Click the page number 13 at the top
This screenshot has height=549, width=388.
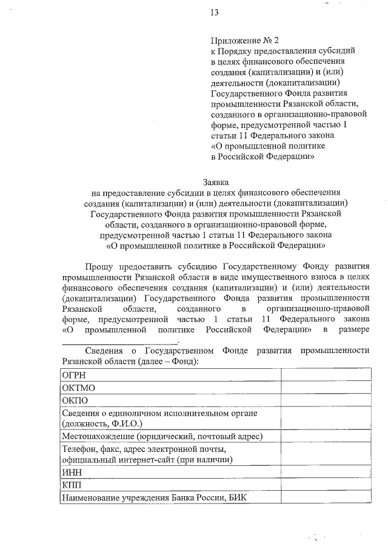pyautogui.click(x=214, y=13)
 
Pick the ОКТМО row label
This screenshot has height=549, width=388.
pyautogui.click(x=78, y=388)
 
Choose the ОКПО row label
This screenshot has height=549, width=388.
pyautogui.click(x=75, y=400)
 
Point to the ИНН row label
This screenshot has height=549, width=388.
pyautogui.click(x=72, y=472)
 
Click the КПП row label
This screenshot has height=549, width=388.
pyautogui.click(x=71, y=485)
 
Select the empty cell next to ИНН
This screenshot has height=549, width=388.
pyautogui.click(x=326, y=472)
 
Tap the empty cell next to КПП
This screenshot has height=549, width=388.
pyautogui.click(x=326, y=485)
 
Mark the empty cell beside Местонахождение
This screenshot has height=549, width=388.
pyautogui.click(x=326, y=436)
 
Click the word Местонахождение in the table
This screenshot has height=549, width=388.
pyautogui.click(x=98, y=436)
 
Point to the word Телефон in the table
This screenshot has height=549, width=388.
pyautogui.click(x=80, y=450)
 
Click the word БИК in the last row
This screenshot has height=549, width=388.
pyautogui.click(x=240, y=498)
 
